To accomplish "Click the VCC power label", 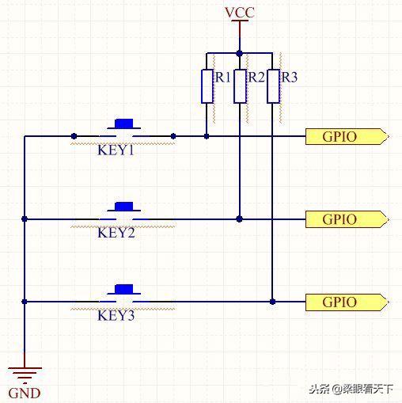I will [x=239, y=13].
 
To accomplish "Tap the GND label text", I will [x=24, y=393].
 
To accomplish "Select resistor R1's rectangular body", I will [x=207, y=86].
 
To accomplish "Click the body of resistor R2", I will [x=239, y=86].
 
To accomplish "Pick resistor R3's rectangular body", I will [x=272, y=86].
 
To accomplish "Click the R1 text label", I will [x=222, y=78].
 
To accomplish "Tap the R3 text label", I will [x=290, y=78].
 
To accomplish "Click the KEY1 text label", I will [x=116, y=150].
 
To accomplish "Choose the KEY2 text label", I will [x=116, y=233].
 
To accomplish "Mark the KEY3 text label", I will [x=116, y=315].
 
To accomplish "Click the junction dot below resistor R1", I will [x=207, y=136].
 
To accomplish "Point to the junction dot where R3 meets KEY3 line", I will [x=272, y=302].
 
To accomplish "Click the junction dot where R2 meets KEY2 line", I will [x=239, y=219].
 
